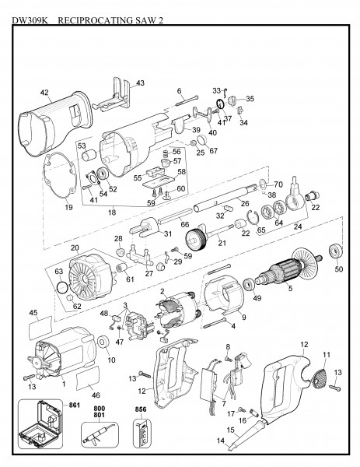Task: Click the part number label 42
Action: (46, 92)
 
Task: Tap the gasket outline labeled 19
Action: (65, 180)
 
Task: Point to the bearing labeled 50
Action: (337, 251)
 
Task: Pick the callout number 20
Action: (75, 248)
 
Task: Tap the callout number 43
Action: (141, 83)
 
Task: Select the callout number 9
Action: (243, 317)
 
